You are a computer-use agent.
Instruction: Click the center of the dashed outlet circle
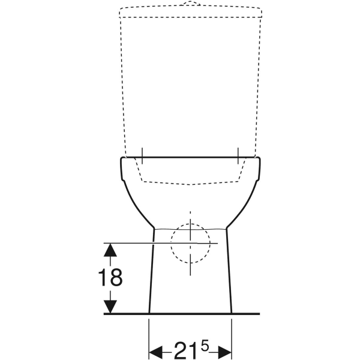[x=191, y=243]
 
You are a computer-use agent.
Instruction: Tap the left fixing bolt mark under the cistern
[x=142, y=155]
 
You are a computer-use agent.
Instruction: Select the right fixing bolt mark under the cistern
[x=239, y=155]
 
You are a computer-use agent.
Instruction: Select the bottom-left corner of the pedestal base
[x=149, y=313]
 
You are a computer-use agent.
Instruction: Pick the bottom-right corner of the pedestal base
[x=232, y=313]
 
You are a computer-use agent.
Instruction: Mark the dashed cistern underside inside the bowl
[x=191, y=182]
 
